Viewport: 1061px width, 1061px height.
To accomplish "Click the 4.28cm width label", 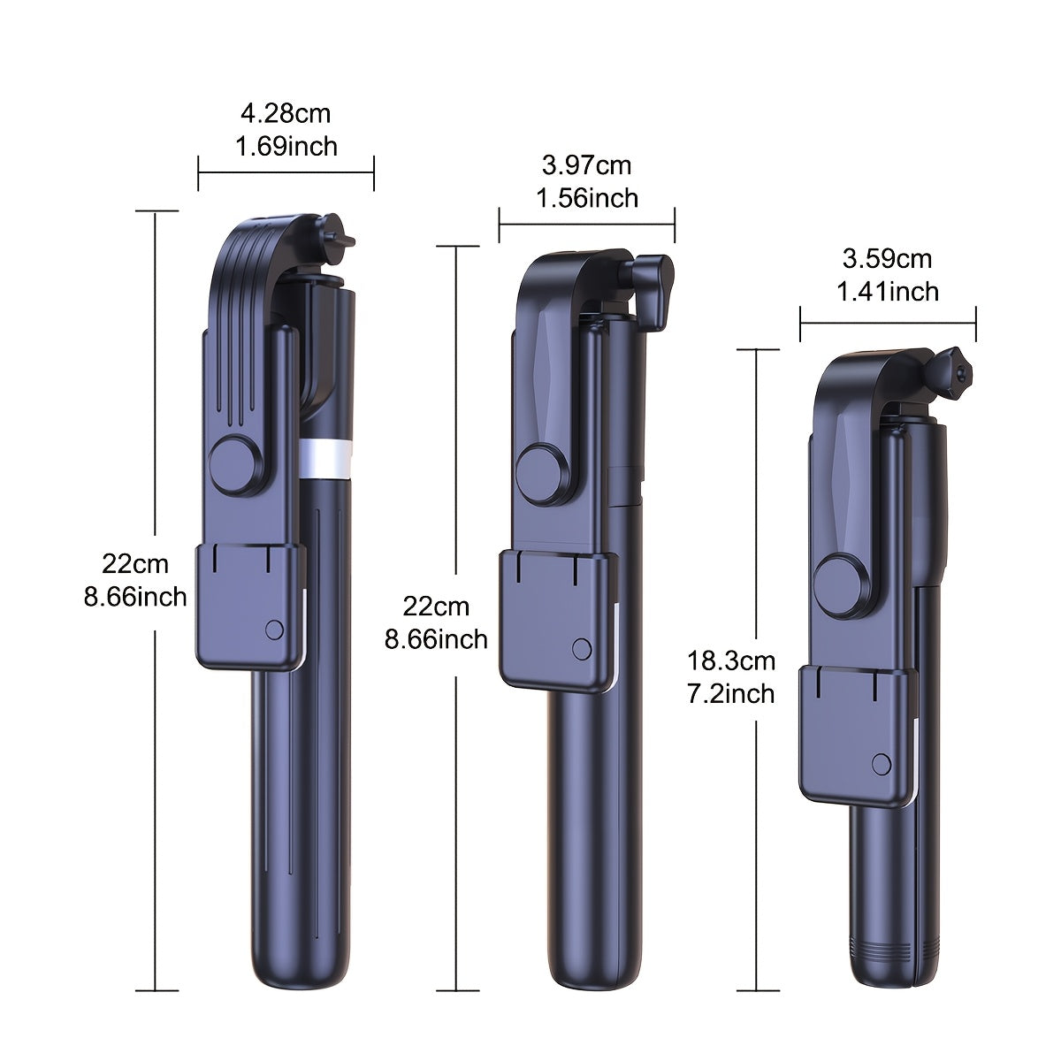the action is coord(286,114).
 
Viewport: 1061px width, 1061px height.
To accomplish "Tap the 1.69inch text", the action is coord(286,147).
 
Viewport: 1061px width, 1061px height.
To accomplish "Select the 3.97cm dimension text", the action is coord(586,165).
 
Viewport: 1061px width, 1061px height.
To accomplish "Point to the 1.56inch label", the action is coord(587,198).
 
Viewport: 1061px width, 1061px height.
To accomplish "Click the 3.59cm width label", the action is coord(887,259).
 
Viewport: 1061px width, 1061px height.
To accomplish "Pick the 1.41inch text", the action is coord(888,292).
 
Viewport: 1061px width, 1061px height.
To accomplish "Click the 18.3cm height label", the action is coord(730,660).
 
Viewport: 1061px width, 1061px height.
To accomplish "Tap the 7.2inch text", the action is coord(730,694).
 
